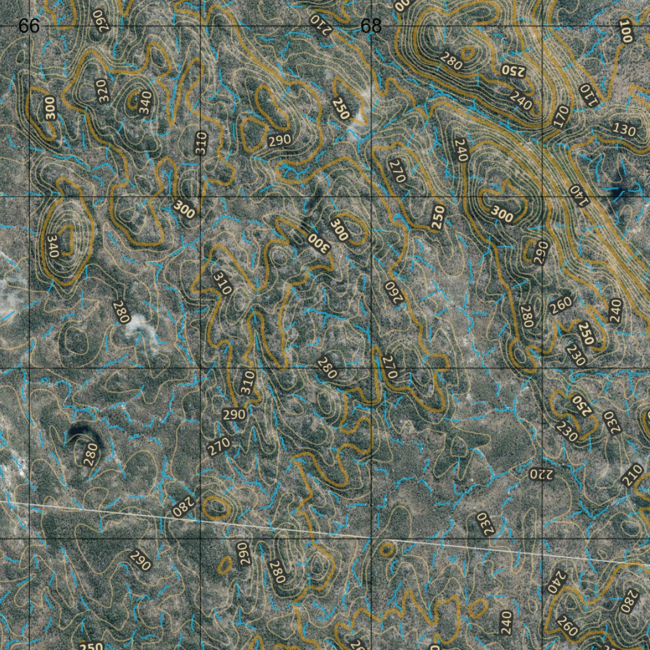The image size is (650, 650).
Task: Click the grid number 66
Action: point(29,26)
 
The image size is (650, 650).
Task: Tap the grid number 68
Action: point(371,26)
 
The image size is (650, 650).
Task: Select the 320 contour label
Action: point(103,91)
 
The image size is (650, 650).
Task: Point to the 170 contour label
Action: point(561,117)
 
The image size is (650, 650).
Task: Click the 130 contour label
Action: point(624,129)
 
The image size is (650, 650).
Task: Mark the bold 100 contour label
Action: point(627,31)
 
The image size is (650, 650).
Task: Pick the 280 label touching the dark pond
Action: point(91,454)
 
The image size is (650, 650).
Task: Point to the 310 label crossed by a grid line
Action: point(201,143)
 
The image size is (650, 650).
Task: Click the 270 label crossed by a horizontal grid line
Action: point(390,368)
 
